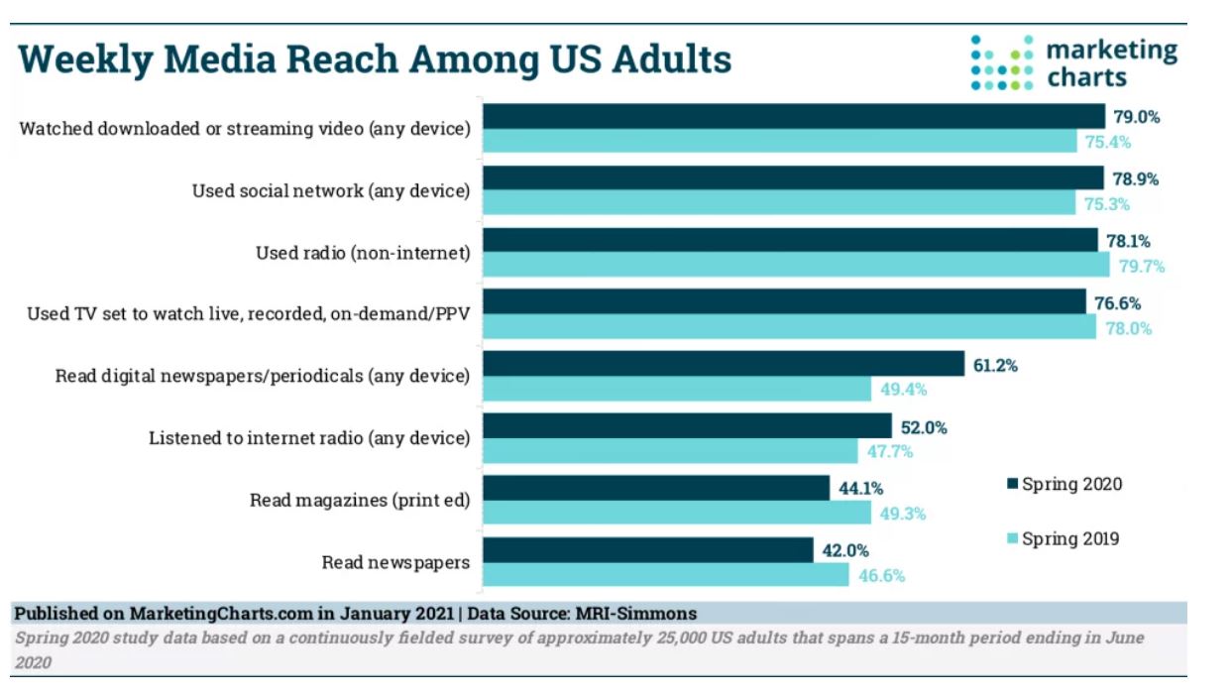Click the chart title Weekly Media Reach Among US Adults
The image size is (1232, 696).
[x=375, y=59]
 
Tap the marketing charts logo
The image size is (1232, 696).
[x=1073, y=62]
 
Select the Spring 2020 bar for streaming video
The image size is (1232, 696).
[x=793, y=117]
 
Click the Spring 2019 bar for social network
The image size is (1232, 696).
[x=779, y=203]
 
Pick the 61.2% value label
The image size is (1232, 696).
[x=994, y=365]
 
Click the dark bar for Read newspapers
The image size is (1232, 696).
[x=648, y=550]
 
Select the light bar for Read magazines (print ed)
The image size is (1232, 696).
[x=677, y=513]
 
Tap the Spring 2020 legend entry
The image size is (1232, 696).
[x=1064, y=484]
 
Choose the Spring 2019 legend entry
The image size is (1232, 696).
[x=1063, y=539]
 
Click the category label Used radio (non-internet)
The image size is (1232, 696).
[x=362, y=253]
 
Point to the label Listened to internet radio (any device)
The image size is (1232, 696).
[x=308, y=437]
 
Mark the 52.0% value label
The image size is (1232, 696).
[x=924, y=427]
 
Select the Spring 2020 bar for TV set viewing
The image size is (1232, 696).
[x=784, y=302]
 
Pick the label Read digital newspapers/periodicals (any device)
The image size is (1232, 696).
[x=262, y=376]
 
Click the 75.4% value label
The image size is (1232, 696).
[x=1107, y=142]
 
